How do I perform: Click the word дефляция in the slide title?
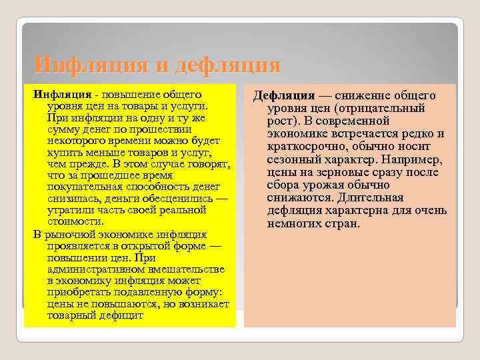pyautogui.click(x=227, y=65)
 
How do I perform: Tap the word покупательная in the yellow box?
pyautogui.click(x=83, y=187)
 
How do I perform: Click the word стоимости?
pyautogui.click(x=75, y=222)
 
